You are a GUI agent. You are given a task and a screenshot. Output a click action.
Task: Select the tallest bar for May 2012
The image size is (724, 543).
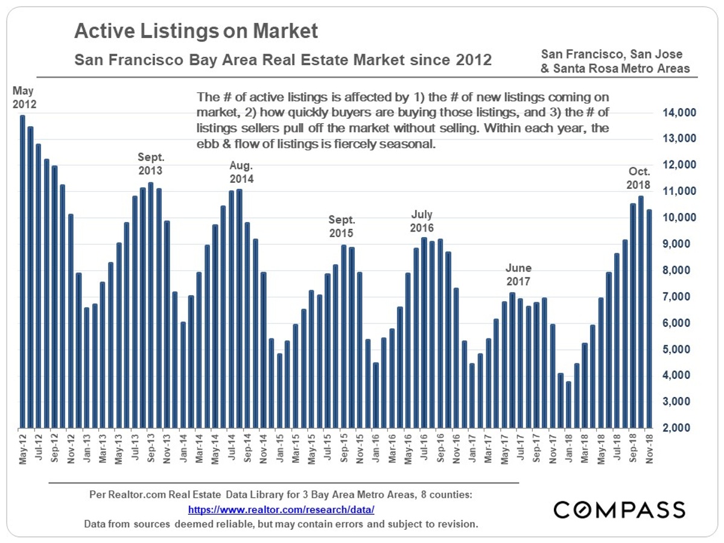click(x=22, y=271)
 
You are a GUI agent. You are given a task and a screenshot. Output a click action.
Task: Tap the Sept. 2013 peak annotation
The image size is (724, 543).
click(x=150, y=164)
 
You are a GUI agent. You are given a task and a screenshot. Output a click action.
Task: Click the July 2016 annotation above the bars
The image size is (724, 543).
click(x=422, y=221)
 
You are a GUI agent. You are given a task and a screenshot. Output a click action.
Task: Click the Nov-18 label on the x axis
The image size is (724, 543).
click(x=650, y=448)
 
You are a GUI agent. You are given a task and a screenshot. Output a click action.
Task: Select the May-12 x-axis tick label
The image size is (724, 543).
click(x=22, y=448)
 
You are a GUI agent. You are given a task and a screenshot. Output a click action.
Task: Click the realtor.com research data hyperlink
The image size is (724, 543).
click(x=281, y=510)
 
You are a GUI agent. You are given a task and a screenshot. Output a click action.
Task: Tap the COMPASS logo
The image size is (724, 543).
click(x=619, y=509)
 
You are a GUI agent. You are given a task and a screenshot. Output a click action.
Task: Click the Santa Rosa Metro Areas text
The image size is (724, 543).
click(x=615, y=68)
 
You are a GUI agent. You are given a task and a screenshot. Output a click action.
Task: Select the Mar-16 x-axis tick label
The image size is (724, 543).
click(x=392, y=448)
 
